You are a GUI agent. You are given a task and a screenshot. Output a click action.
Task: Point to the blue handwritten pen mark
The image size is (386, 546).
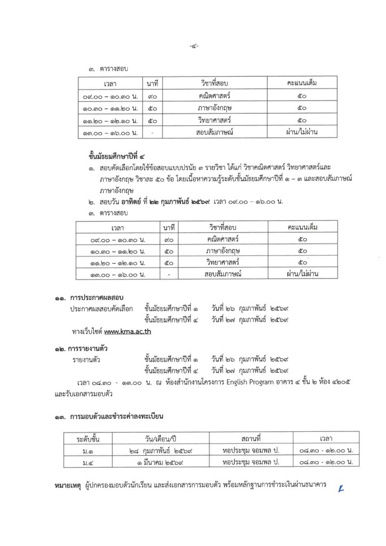pos(333,486)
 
